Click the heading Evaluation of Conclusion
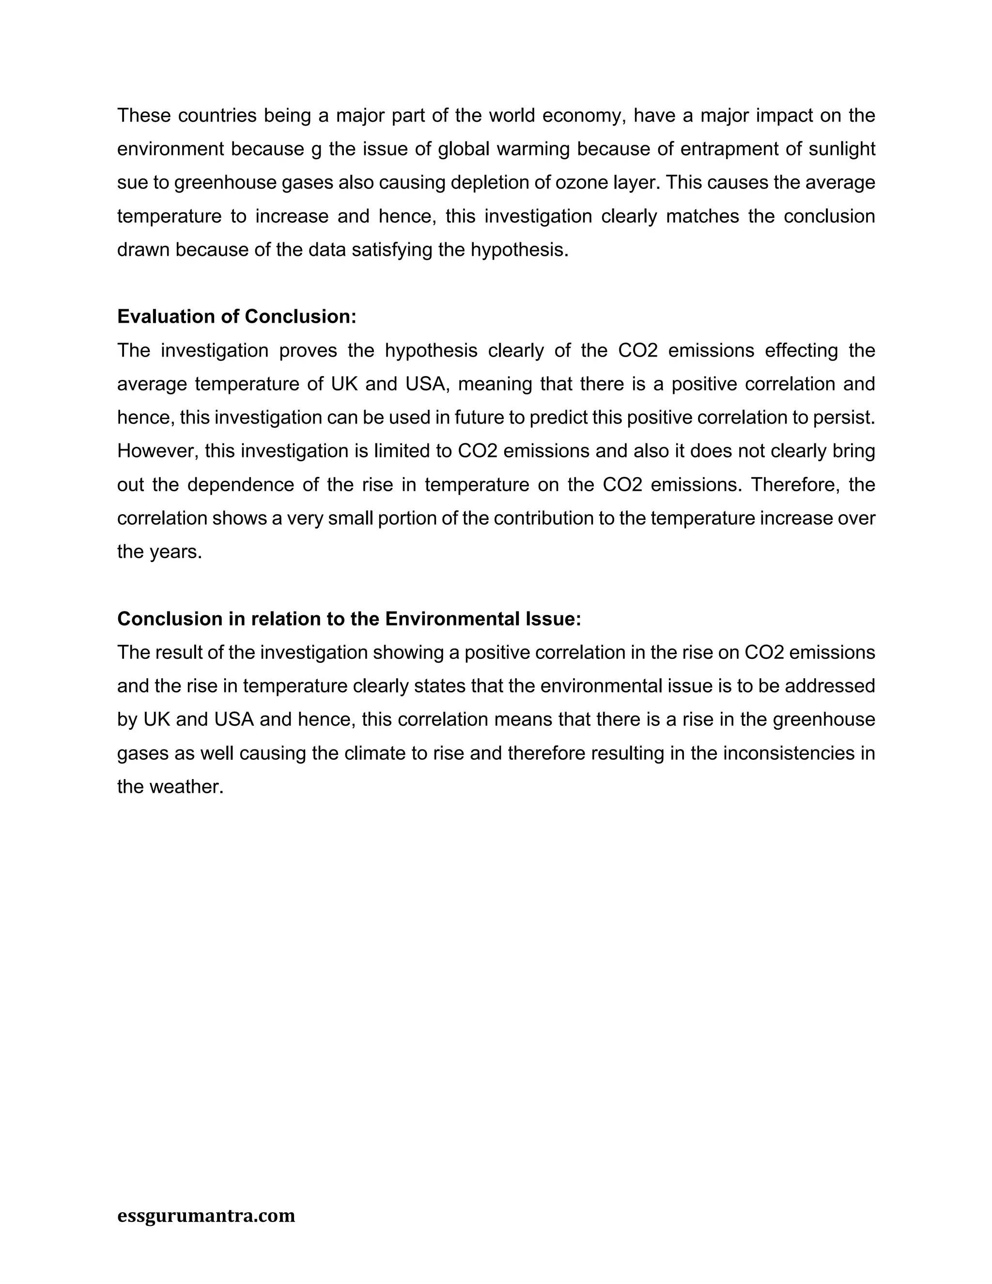tap(237, 317)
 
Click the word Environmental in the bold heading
tap(461, 619)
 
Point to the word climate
tap(375, 753)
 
